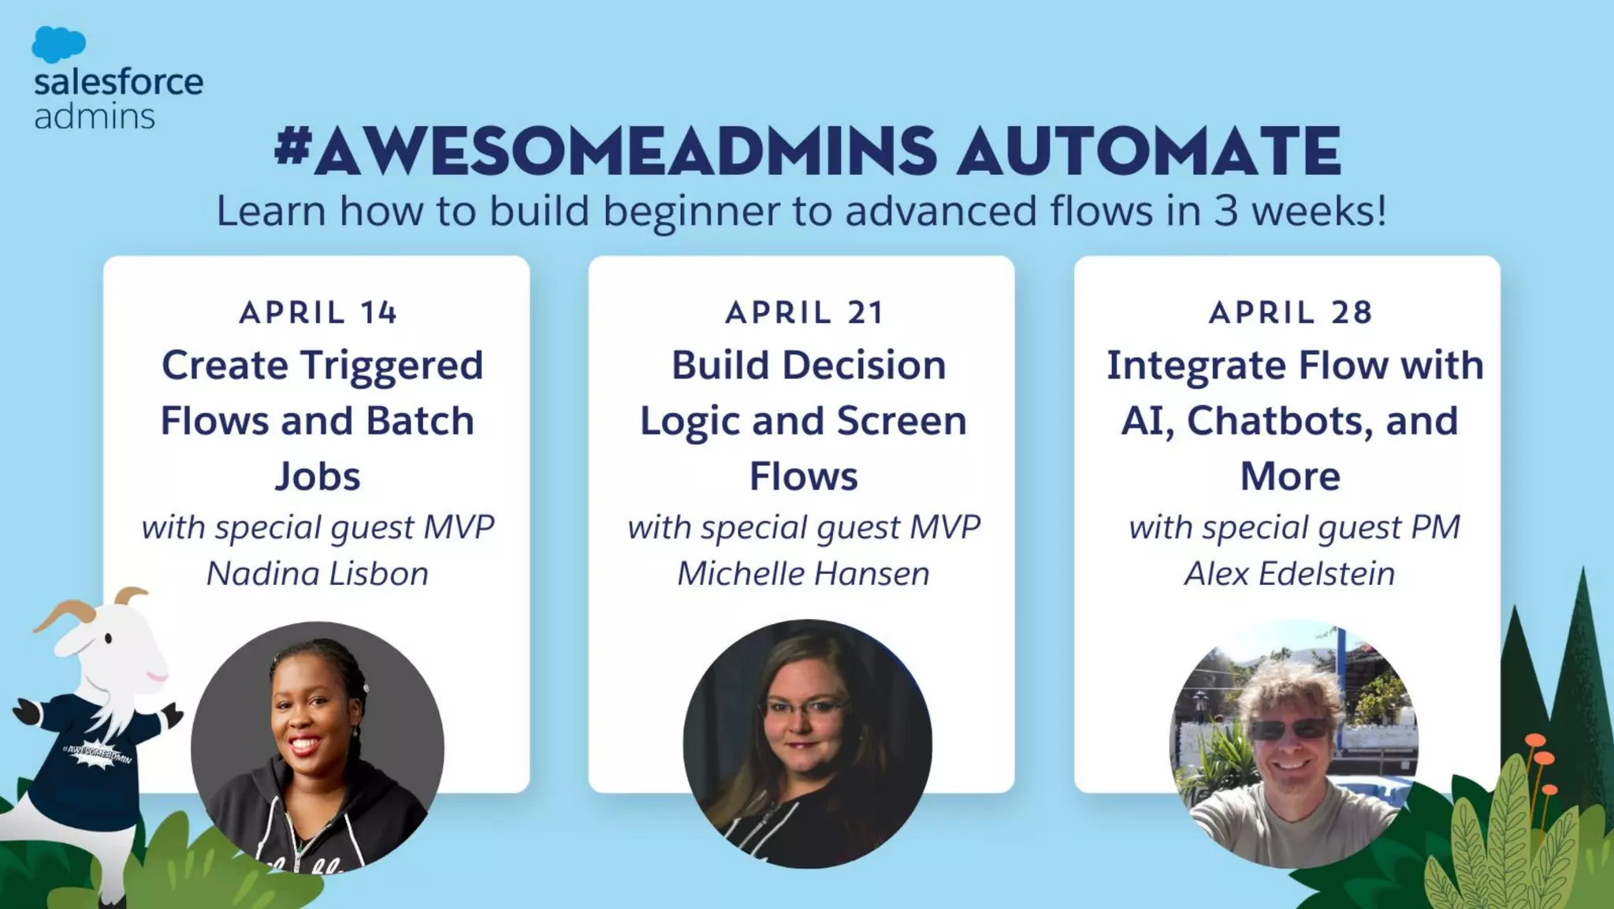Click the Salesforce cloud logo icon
(x=58, y=44)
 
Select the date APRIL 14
(x=318, y=313)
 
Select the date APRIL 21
(x=804, y=313)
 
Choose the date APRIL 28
(x=1290, y=313)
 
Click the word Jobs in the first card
(x=318, y=476)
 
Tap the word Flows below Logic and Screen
(x=803, y=476)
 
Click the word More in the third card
(x=1289, y=476)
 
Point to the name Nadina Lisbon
(x=318, y=573)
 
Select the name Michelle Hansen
(x=803, y=573)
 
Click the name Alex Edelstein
(x=1289, y=573)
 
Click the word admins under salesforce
(x=95, y=117)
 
